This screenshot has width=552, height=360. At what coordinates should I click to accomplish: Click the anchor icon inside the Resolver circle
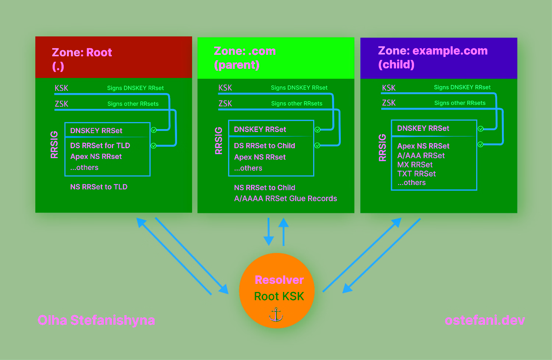click(276, 314)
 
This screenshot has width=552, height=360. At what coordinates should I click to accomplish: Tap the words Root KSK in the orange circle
click(279, 296)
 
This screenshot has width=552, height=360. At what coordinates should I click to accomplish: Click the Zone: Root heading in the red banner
click(82, 53)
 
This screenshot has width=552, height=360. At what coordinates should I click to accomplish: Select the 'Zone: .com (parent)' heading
click(245, 58)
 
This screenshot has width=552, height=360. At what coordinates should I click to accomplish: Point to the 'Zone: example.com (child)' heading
click(432, 57)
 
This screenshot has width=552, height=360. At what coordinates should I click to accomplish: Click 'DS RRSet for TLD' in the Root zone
click(100, 146)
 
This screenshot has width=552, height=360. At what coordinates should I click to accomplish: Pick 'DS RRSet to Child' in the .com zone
click(264, 146)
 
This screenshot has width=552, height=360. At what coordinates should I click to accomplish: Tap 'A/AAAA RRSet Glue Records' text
click(285, 199)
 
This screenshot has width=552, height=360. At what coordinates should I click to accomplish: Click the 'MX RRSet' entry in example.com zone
click(415, 165)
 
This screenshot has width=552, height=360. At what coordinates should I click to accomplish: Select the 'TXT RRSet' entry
click(416, 174)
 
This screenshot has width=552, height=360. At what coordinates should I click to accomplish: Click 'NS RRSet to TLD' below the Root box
click(99, 187)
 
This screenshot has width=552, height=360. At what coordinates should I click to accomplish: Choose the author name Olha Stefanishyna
click(96, 320)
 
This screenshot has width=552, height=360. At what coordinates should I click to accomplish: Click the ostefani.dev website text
click(485, 320)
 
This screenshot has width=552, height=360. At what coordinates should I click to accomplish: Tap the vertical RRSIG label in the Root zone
click(54, 145)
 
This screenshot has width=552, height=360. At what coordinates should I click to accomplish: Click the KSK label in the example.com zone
click(389, 88)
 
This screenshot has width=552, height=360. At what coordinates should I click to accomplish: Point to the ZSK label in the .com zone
click(225, 104)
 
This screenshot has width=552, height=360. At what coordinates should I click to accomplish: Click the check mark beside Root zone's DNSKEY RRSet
click(154, 130)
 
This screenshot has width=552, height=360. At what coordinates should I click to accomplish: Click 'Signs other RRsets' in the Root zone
click(133, 104)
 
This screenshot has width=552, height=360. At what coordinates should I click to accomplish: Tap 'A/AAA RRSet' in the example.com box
click(421, 156)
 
